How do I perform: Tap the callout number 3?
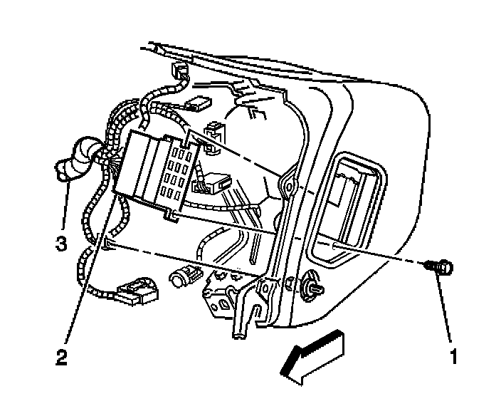62,244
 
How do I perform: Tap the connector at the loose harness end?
135,291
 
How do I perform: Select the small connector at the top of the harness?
179,71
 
